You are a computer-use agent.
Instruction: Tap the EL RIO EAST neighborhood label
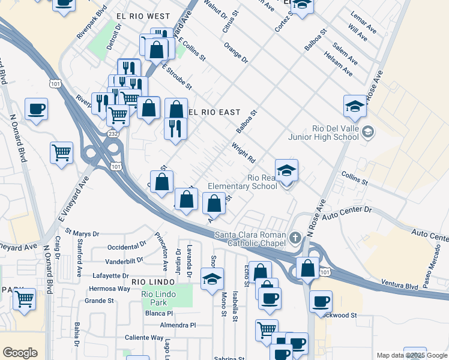click(214, 112)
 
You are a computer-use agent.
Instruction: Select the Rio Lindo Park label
click(158, 298)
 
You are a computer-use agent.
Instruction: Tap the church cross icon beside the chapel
click(295, 238)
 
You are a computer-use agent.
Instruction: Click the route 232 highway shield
click(113, 133)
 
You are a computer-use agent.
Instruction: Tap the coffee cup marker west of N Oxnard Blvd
click(36, 109)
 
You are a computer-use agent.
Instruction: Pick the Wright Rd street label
click(244, 152)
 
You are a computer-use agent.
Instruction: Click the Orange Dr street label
click(235, 53)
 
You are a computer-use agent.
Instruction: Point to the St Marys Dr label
click(82, 233)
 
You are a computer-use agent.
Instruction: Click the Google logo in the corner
click(20, 352)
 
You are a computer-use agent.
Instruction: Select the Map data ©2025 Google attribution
click(411, 355)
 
